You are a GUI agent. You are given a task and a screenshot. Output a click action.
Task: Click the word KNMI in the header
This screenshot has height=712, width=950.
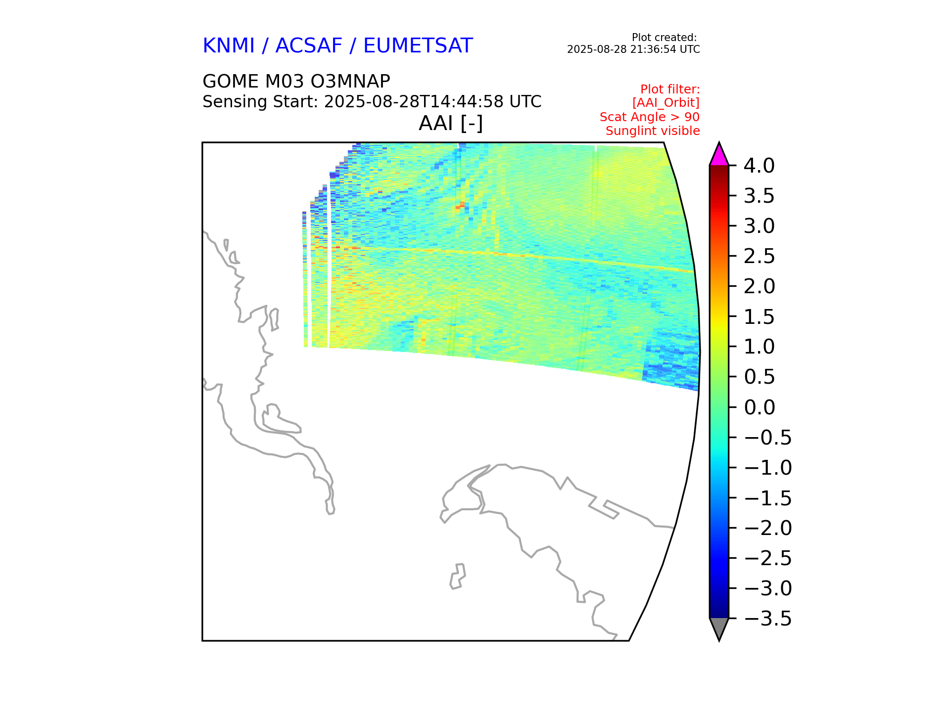coord(229,46)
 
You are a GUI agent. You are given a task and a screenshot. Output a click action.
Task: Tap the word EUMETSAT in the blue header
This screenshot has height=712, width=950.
coord(418,46)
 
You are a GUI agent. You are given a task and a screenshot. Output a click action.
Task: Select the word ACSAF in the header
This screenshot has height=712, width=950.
coord(309,46)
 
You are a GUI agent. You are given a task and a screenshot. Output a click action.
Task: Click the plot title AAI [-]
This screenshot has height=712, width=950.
coord(451,123)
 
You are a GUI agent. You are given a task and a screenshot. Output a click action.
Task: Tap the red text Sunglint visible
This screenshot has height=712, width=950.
coord(653,131)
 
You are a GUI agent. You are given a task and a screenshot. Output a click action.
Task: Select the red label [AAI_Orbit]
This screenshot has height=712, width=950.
coord(666,103)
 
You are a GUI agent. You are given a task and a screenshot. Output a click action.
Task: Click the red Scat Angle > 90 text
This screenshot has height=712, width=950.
coord(650,117)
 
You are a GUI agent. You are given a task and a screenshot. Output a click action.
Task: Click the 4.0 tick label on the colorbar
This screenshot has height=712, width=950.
coord(760,166)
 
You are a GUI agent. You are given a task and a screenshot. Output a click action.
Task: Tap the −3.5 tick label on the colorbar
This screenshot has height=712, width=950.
coord(768,619)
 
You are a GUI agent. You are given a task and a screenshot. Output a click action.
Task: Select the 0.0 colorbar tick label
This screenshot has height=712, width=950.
coord(760,407)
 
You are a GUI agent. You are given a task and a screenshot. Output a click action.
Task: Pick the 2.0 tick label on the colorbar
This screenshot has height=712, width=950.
coord(760,286)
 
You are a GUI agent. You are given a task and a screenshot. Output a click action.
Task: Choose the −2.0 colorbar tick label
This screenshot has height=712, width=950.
coord(768,528)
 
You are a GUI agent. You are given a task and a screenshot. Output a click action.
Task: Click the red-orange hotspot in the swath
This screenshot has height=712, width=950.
coord(461,205)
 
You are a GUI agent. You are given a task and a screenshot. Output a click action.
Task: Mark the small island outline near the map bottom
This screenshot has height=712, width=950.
coord(458,577)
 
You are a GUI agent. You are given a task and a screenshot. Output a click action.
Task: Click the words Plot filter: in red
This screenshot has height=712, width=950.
coord(670,89)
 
